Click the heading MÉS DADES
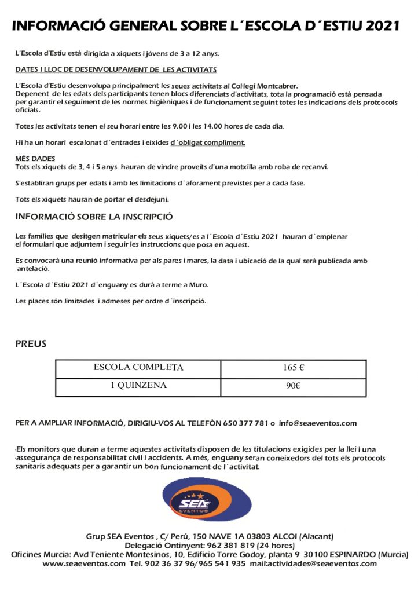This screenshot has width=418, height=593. coord(35,158)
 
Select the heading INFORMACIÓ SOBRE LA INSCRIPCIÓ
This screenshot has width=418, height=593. coord(94,218)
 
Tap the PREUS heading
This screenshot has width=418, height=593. coord(31,344)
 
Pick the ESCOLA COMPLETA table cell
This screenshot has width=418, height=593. coord(138,368)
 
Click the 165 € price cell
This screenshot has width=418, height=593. coord(294,368)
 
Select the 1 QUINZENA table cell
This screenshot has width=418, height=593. coord(138,386)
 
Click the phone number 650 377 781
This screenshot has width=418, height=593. coord(246,423)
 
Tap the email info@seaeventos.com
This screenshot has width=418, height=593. coord(318,423)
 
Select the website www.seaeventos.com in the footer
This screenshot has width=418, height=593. coord(84,563)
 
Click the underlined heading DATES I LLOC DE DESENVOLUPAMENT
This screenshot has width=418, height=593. coord(116,70)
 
